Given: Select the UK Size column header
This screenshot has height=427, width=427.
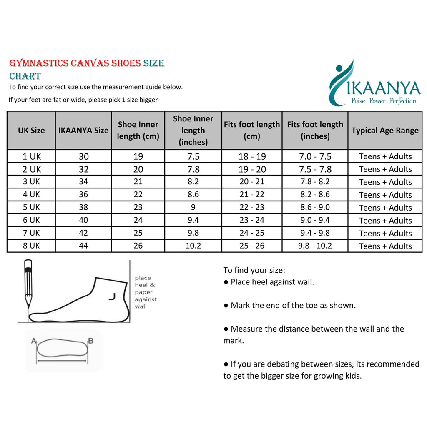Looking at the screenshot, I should pyautogui.click(x=31, y=130).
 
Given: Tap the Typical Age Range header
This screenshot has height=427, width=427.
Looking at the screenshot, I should pyautogui.click(x=385, y=130).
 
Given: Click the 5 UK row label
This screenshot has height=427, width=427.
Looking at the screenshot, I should pyautogui.click(x=31, y=207).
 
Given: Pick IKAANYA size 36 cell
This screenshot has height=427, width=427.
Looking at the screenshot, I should pyautogui.click(x=83, y=194).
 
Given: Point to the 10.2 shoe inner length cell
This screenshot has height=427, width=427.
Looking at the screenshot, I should pyautogui.click(x=193, y=246).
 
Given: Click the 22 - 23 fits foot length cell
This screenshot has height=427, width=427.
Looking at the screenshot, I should pyautogui.click(x=252, y=207).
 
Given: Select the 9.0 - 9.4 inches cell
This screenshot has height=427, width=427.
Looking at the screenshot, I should pyautogui.click(x=315, y=220).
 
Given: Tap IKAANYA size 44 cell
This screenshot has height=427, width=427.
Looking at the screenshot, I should pyautogui.click(x=83, y=246).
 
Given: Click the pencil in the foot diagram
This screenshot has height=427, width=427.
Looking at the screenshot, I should pyautogui.click(x=28, y=284).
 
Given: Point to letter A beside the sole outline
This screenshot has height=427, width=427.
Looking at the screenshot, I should pyautogui.click(x=33, y=341).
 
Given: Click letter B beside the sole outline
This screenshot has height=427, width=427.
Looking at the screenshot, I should pyautogui.click(x=91, y=341).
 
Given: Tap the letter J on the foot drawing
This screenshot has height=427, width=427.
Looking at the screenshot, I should pyautogui.click(x=111, y=296).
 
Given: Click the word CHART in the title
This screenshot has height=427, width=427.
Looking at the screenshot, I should pyautogui.click(x=25, y=76).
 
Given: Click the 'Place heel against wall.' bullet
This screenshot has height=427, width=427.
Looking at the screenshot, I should pyautogui.click(x=269, y=282).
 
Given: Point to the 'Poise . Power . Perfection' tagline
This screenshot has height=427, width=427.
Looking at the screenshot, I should pyautogui.click(x=384, y=101).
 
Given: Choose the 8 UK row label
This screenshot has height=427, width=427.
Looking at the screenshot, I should pyautogui.click(x=31, y=246).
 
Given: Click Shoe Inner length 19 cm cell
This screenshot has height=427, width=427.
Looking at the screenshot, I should pyautogui.click(x=138, y=156).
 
